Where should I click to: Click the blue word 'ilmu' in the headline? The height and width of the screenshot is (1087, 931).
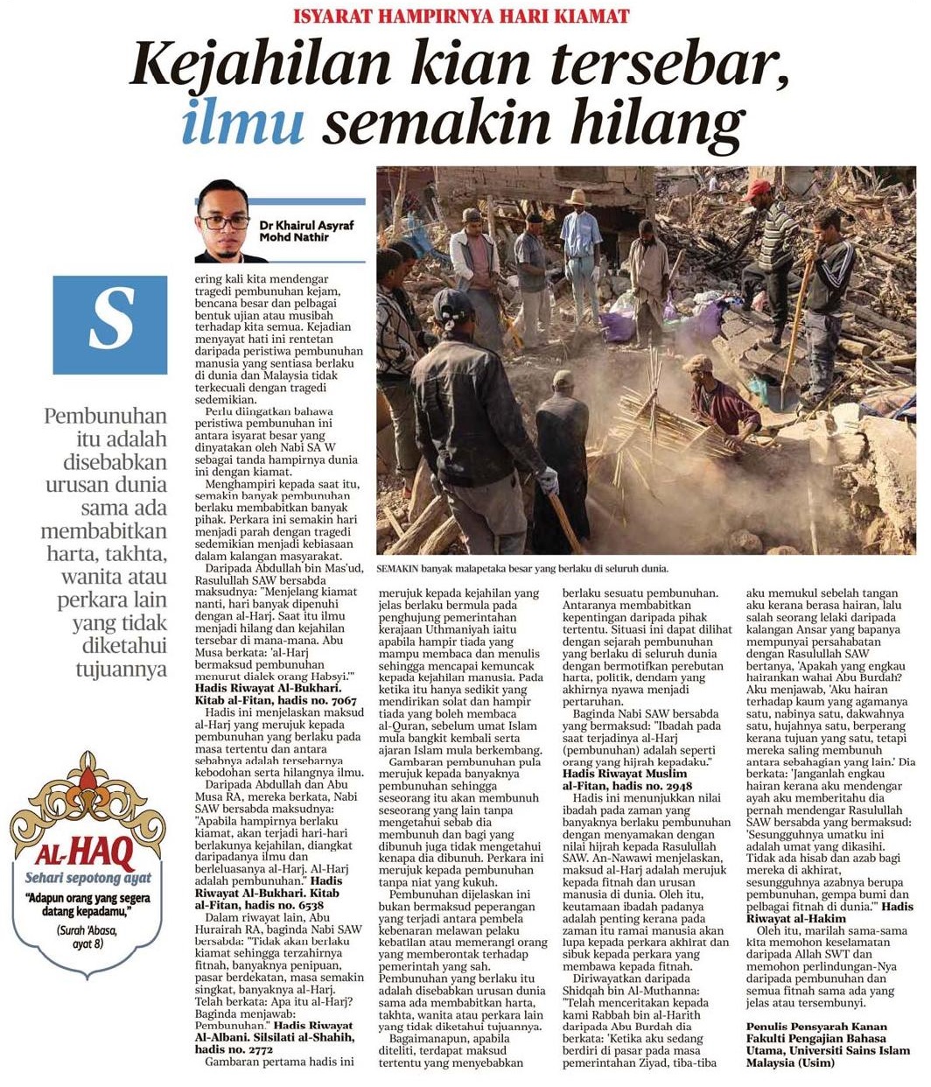click(243, 123)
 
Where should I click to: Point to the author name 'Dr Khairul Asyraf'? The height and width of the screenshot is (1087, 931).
click(306, 225)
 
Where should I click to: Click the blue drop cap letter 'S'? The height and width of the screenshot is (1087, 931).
click(110, 325)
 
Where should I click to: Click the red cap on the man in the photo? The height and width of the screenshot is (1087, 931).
click(759, 186)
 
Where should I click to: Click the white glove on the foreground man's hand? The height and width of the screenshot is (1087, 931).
click(549, 479)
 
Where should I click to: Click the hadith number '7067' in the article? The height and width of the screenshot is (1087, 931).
click(342, 700)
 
